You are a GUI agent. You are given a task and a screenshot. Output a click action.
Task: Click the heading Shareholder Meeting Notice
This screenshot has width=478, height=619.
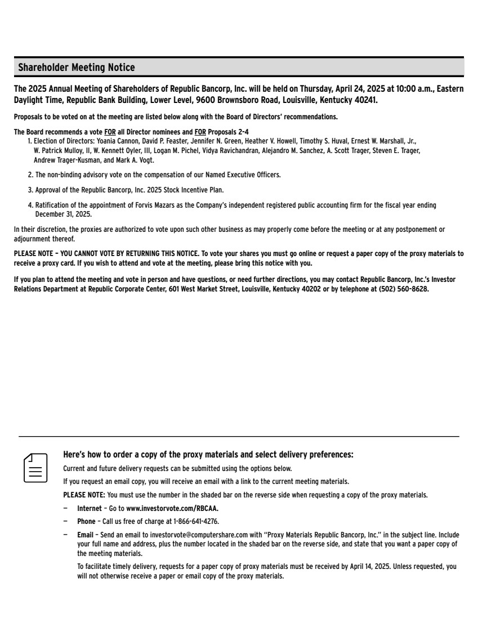pyautogui.click(x=77, y=68)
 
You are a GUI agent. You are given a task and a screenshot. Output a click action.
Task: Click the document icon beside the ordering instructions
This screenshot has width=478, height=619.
pyautogui.click(x=35, y=468)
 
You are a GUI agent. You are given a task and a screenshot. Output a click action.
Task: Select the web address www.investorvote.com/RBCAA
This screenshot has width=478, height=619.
pyautogui.click(x=172, y=508)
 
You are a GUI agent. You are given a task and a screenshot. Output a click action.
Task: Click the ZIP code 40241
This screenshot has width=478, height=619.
pyautogui.click(x=363, y=100)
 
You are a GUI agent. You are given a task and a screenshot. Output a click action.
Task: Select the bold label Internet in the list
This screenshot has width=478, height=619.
pyautogui.click(x=90, y=508)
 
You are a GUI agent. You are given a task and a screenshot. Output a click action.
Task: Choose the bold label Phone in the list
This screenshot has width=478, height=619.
pyautogui.click(x=86, y=521)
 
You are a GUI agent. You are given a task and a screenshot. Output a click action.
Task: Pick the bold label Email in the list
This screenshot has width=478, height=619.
pyautogui.click(x=86, y=534)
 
